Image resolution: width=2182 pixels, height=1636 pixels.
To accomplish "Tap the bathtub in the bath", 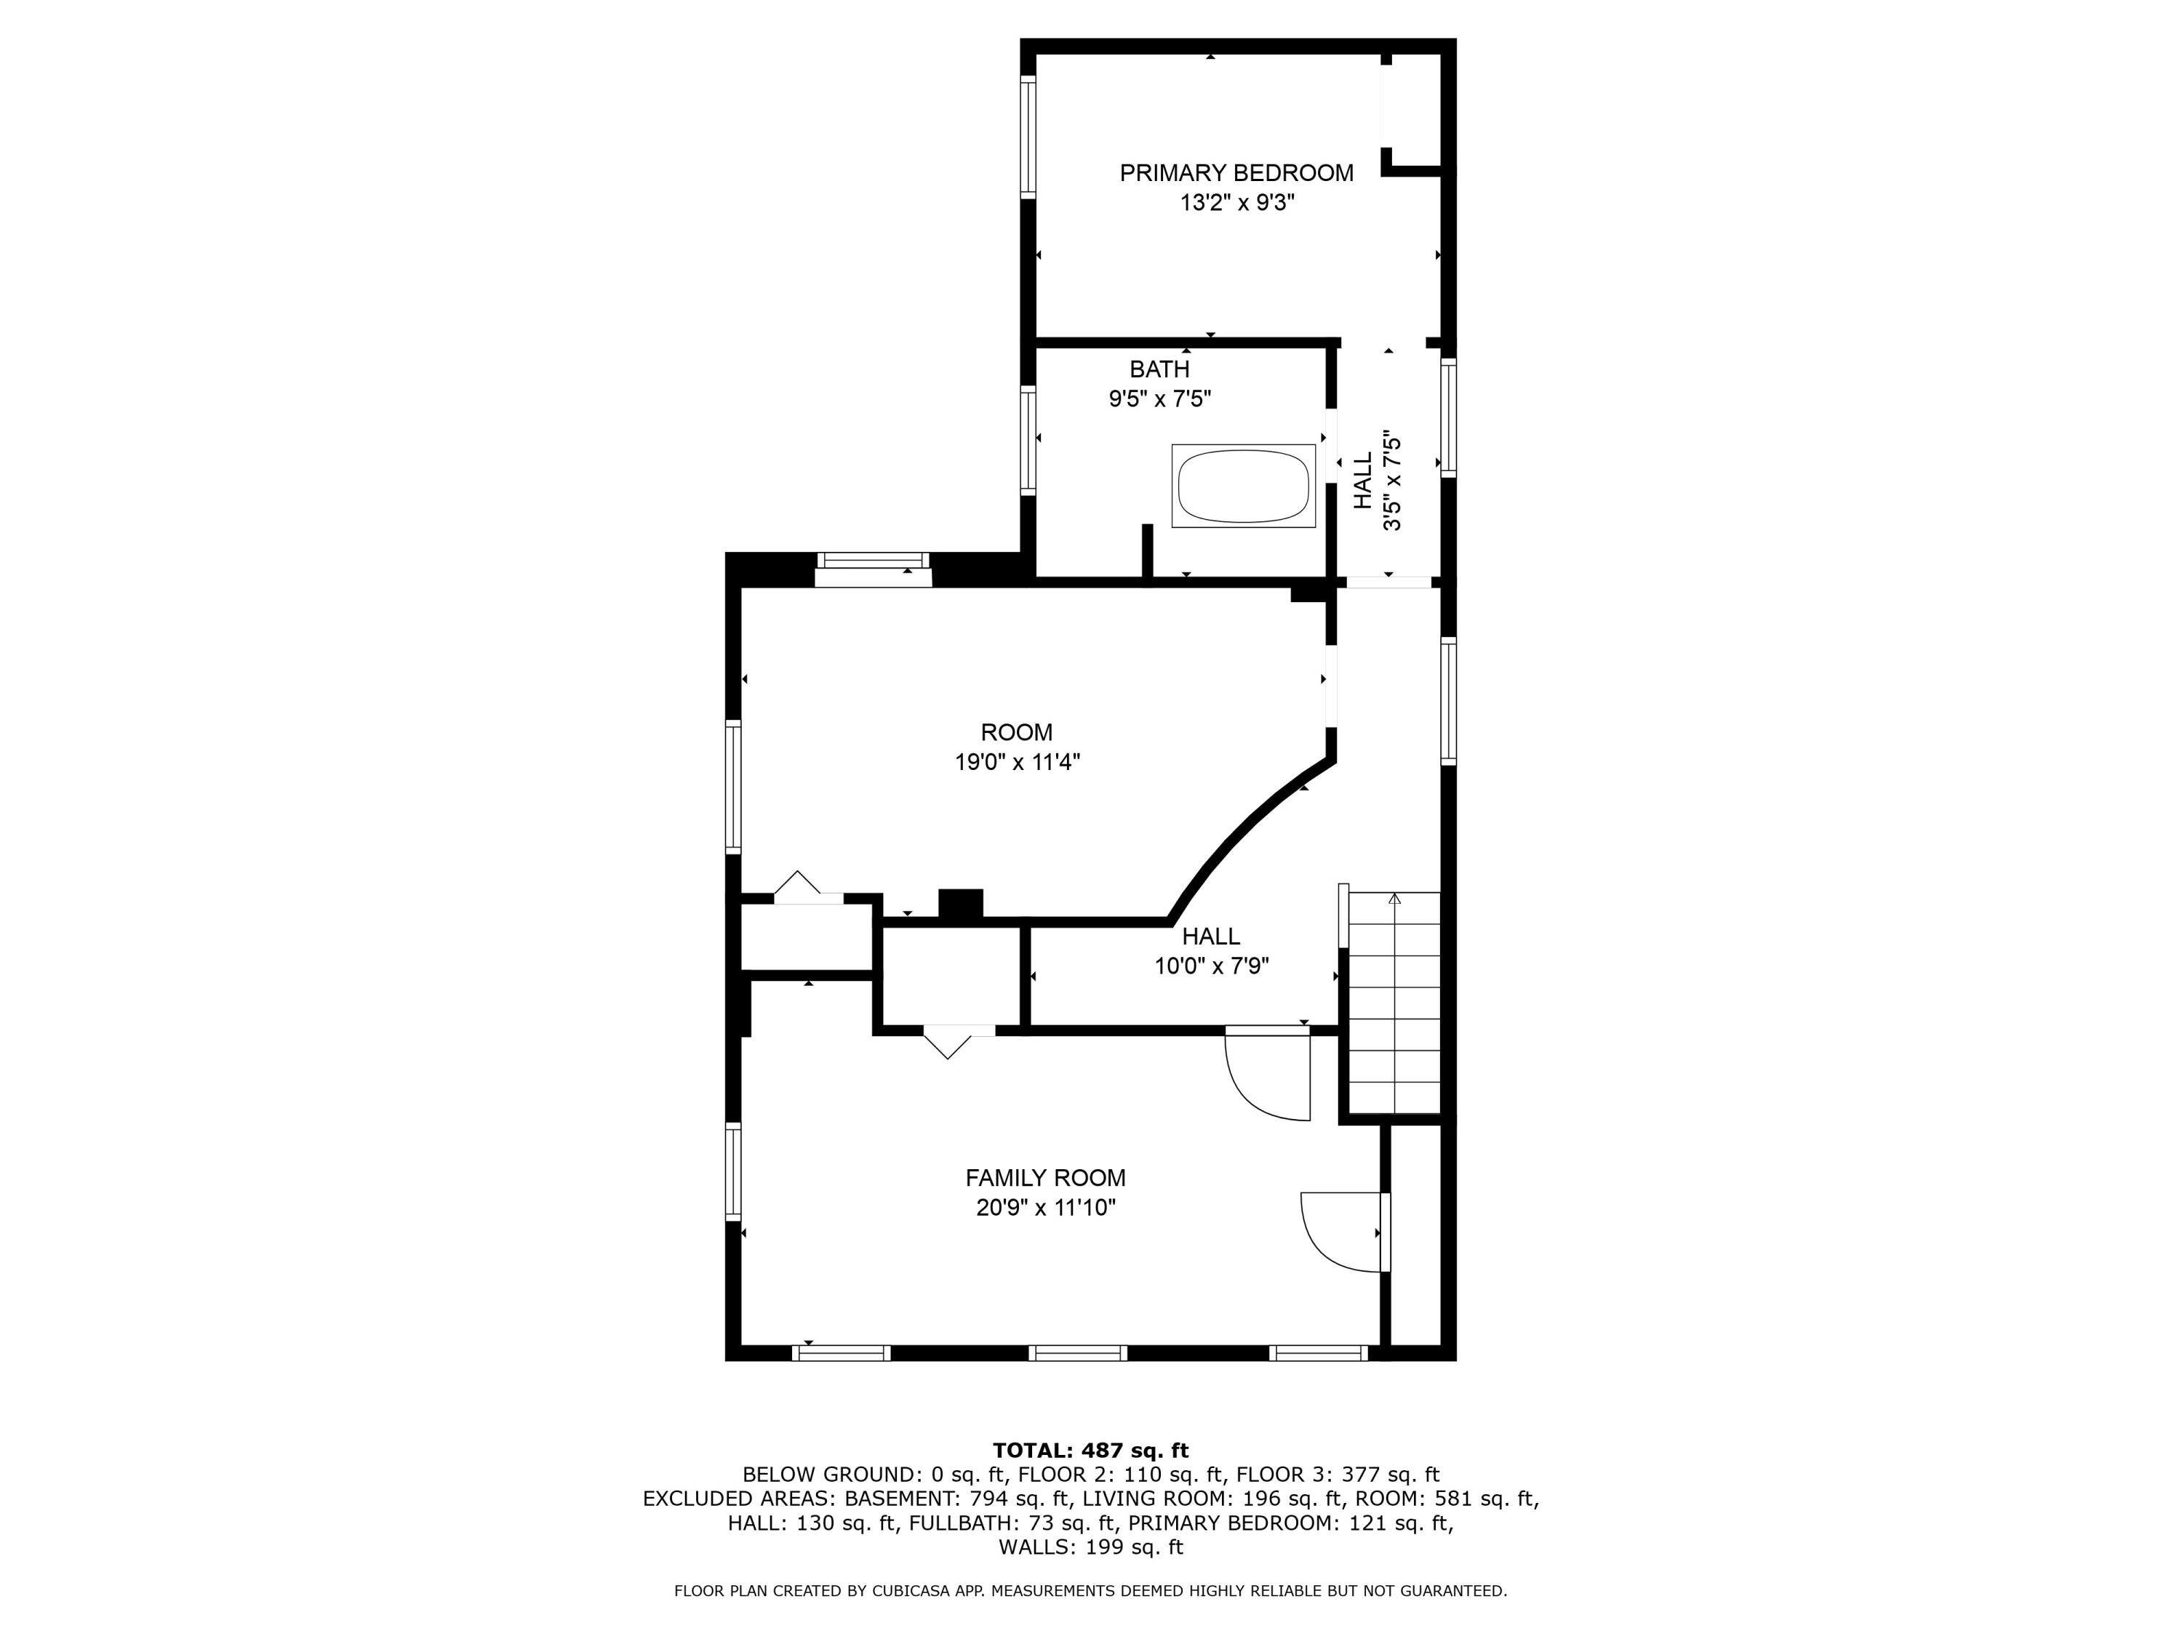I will click(1243, 486).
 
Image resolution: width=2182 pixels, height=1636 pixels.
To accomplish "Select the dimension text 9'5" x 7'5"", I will click(1159, 399).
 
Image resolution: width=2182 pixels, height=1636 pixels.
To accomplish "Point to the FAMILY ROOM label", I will click(1044, 1177).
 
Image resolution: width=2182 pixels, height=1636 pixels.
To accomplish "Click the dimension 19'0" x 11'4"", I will click(1016, 762).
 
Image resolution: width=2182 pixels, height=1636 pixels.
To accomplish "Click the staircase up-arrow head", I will click(1394, 899).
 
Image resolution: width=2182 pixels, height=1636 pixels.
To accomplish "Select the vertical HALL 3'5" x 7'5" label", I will click(1377, 480).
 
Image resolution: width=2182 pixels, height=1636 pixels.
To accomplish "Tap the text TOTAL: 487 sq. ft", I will click(1090, 1451).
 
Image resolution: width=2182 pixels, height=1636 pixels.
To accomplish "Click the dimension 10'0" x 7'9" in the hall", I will click(1211, 966).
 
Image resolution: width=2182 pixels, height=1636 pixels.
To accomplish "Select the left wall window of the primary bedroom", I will click(1028, 138).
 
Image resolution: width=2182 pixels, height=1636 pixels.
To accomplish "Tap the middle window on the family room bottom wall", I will click(1077, 1353).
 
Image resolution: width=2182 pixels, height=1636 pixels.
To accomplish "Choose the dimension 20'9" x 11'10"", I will click(1044, 1207).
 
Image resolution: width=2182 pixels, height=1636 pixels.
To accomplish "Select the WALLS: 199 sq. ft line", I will click(1090, 1547).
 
